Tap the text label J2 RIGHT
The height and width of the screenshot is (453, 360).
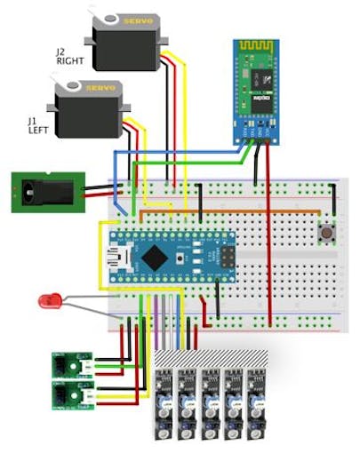pyautogui.click(x=68, y=58)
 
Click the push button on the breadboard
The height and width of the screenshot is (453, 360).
pyautogui.click(x=326, y=234)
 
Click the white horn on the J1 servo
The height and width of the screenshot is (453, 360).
pyautogui.click(x=67, y=88)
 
